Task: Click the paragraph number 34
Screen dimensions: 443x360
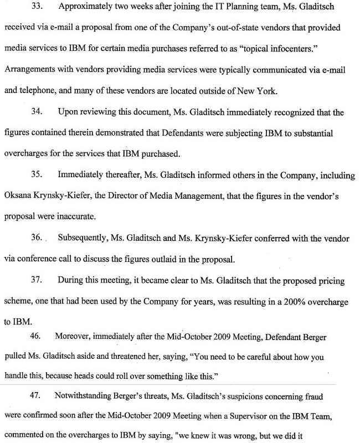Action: tap(37, 112)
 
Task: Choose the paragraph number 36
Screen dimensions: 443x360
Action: tap(37, 239)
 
